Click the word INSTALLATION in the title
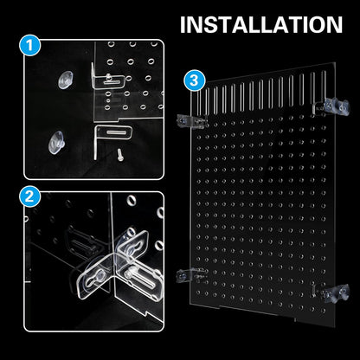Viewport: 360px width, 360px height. click(260, 23)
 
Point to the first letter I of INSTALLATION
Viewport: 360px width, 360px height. click(183, 23)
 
